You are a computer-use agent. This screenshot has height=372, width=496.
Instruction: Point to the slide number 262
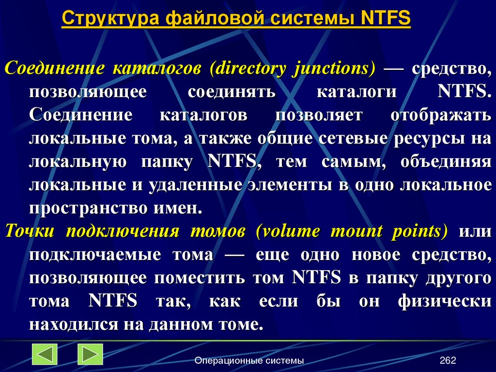[448, 360]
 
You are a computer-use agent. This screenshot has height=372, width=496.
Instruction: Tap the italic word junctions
[333, 68]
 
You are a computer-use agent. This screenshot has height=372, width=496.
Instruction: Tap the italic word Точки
[30, 231]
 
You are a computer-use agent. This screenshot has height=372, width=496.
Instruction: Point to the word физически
[445, 301]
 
